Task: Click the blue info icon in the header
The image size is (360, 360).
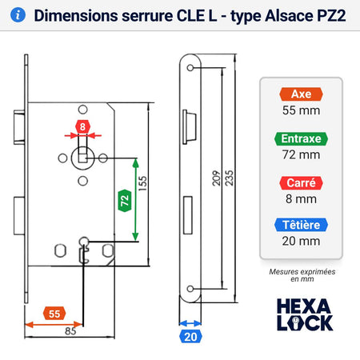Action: pos(18,15)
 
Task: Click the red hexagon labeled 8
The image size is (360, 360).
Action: pos(82,126)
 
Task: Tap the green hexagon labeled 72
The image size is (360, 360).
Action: pos(125,201)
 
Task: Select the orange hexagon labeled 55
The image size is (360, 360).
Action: pos(54,314)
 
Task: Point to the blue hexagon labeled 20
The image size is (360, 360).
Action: pos(190,337)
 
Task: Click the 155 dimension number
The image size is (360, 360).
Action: pos(143,183)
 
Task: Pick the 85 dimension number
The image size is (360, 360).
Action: pos(70,331)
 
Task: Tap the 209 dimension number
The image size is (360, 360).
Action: pos(216,178)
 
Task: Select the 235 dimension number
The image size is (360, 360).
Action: pos(229,178)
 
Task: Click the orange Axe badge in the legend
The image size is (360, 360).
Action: pos(301,94)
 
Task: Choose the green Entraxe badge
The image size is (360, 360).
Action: pos(301,139)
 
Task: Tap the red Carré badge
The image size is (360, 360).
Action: pos(301,183)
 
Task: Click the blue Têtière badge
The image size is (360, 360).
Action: pos(301,225)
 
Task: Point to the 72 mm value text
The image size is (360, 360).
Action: pos(301,154)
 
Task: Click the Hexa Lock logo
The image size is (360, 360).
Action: pos(305,314)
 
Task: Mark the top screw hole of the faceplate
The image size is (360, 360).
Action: pos(190,68)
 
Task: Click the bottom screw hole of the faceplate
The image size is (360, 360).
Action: pos(190,289)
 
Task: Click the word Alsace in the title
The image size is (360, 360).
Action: pos(289,16)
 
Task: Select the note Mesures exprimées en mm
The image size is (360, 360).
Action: pos(302,275)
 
